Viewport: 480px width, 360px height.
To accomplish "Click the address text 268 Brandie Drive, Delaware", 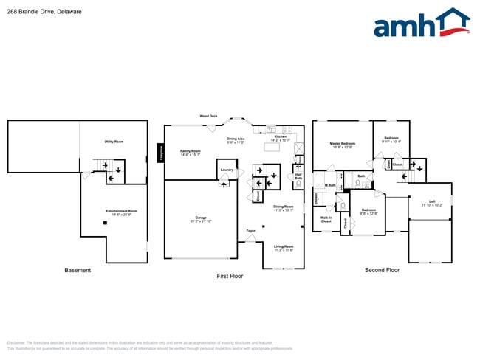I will [x=44, y=12].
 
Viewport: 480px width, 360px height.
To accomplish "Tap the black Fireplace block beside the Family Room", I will [x=160, y=153].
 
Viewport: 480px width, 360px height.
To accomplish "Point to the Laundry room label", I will [x=227, y=170].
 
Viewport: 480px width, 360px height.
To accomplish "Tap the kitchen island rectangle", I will [x=272, y=147].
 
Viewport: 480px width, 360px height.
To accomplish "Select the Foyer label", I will [x=251, y=231].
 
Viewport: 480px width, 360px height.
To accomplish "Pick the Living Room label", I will [x=284, y=248].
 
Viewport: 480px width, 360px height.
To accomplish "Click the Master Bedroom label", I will [x=342, y=145].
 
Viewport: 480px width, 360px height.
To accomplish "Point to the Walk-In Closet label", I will [x=326, y=219].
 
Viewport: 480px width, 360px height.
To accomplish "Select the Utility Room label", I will [x=113, y=142].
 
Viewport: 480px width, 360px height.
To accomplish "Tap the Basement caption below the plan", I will [x=78, y=270].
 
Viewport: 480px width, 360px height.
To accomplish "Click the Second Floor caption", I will [x=382, y=270].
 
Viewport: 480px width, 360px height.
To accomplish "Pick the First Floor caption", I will [x=229, y=276].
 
